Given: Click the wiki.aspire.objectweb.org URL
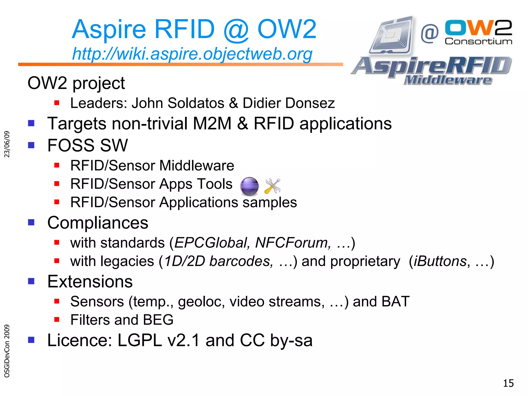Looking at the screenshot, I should [192, 54].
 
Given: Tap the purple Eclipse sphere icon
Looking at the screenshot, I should [249, 186].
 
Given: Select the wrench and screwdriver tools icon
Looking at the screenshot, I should [273, 186].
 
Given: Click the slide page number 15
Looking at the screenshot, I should [508, 383].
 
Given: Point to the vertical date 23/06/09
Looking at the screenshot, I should [7, 144].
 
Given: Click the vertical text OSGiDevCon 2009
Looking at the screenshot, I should [7, 351].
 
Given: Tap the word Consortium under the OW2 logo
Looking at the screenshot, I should [478, 41].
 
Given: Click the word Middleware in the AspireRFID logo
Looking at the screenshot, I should [448, 80].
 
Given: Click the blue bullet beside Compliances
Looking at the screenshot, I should [31, 222].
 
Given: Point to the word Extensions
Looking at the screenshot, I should [90, 281].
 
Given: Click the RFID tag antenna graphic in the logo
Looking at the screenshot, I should [392, 36].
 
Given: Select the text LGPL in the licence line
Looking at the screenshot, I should [139, 340].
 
